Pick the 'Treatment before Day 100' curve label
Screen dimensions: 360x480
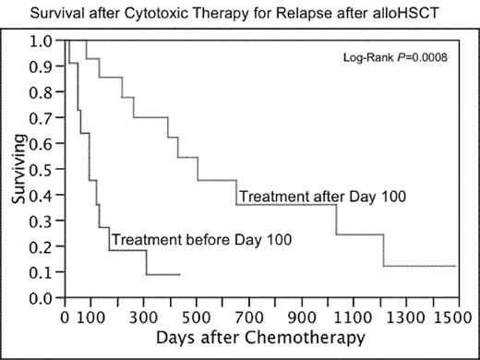(x=201, y=240)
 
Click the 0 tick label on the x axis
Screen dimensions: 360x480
(x=63, y=315)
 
